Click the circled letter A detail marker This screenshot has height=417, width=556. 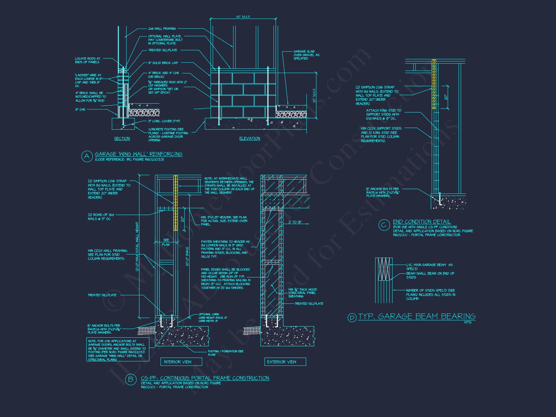click(x=87, y=156)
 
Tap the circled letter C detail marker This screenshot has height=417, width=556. click(x=384, y=225)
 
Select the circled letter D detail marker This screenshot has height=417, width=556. click(x=352, y=318)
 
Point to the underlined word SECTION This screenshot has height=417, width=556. click(x=122, y=139)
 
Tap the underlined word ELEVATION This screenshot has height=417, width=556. click(x=250, y=139)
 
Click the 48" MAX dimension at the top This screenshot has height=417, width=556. click(x=243, y=17)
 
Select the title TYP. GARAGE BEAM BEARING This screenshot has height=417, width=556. click(x=417, y=316)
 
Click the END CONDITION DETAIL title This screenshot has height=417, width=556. click(x=422, y=222)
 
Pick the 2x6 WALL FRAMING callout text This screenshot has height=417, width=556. click(x=162, y=29)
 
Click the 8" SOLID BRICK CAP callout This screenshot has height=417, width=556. click(x=163, y=63)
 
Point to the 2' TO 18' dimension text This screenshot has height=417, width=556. click(x=295, y=222)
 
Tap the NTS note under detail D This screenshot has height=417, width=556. click(x=468, y=322)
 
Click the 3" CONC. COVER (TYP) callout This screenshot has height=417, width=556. click(x=164, y=121)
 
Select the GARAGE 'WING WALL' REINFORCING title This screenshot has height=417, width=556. click(x=139, y=154)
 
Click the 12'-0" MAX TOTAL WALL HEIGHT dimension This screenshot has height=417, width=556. click(x=137, y=246)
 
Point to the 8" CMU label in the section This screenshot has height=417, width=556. click(x=80, y=110)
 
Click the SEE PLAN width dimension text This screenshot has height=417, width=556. click(x=166, y=242)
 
